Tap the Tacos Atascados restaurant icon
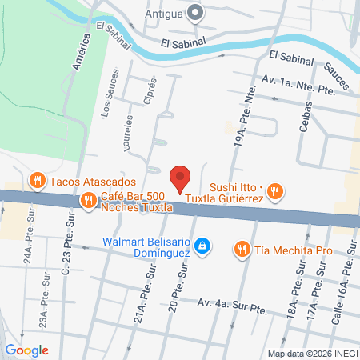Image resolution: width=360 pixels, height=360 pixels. [x=37, y=182]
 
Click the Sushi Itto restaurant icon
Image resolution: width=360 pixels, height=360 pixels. [x=274, y=190]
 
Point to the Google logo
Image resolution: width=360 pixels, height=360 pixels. [x=26, y=350]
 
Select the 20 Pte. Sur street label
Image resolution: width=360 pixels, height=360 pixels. [x=178, y=290]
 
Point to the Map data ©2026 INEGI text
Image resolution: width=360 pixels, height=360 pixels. [x=313, y=354]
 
